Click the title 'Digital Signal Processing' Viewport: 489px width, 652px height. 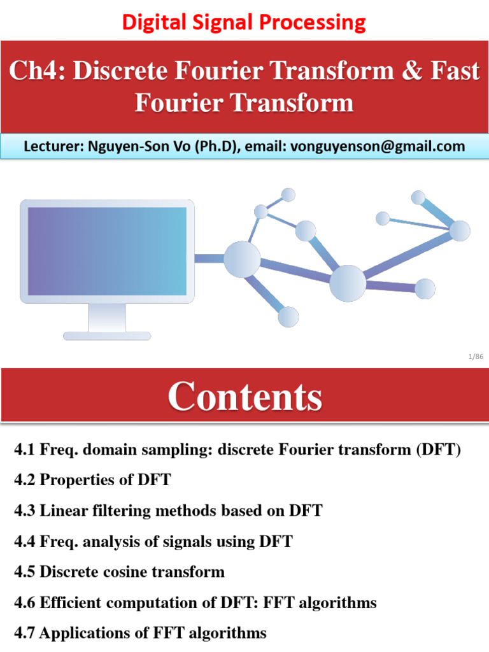(244, 22)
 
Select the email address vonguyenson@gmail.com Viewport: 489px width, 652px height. (377, 146)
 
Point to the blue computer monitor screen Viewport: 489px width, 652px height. (107, 251)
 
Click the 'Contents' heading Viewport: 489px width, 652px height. (244, 397)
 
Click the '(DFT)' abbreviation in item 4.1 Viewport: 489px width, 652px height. (437, 450)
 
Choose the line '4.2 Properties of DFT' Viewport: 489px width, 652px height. (92, 479)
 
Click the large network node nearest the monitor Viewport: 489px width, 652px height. (242, 259)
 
